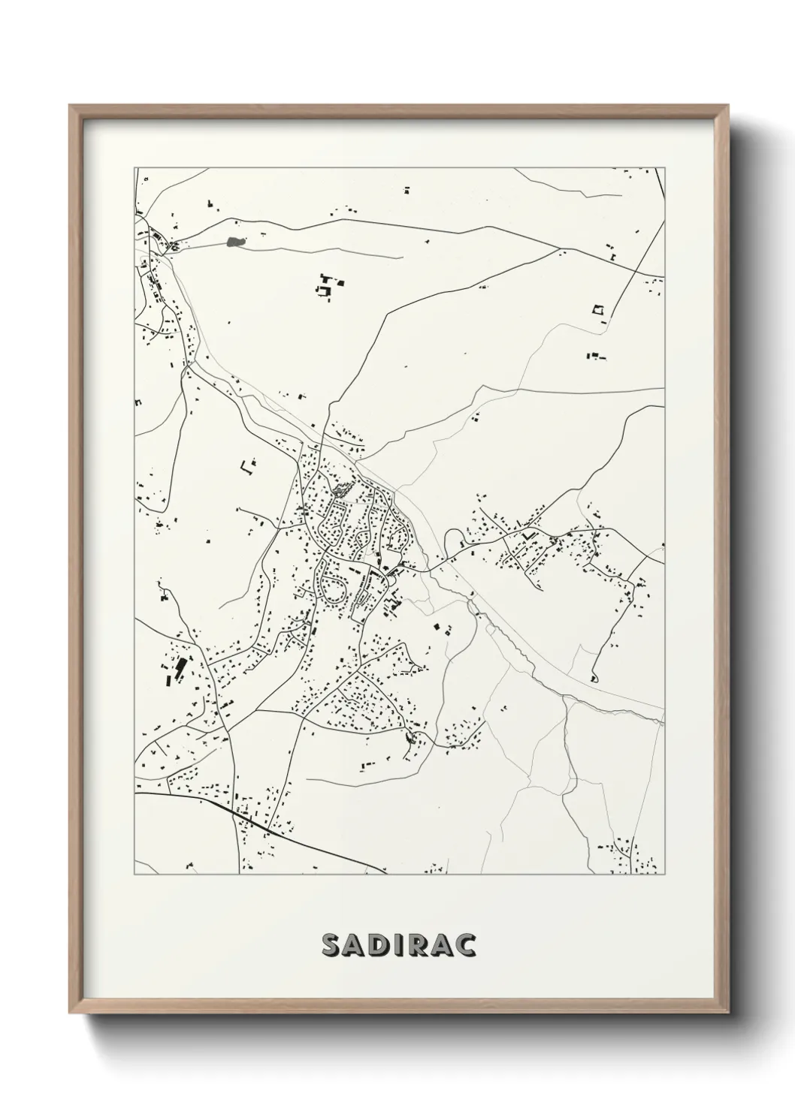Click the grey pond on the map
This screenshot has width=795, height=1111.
[235, 242]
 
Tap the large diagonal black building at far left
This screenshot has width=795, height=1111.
[180, 668]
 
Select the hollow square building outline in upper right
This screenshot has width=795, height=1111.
[599, 309]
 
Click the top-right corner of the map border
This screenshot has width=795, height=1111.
[666, 167]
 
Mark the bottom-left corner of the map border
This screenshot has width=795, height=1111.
[135, 875]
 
